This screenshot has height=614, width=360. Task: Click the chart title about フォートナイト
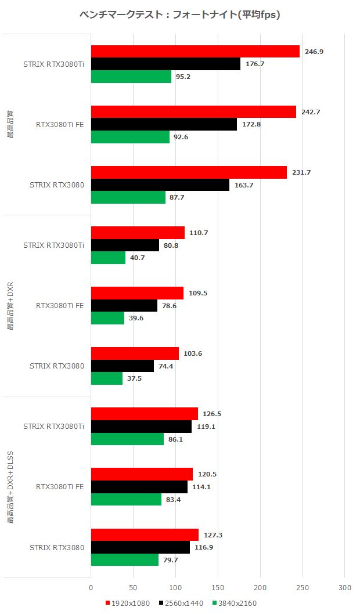(x=180, y=15)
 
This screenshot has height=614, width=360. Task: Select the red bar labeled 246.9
(x=195, y=52)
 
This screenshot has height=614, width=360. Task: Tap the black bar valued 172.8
(x=164, y=124)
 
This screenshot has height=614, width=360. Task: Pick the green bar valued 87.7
(x=128, y=197)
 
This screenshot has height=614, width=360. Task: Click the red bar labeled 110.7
(x=138, y=233)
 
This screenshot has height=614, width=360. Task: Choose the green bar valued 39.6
(x=107, y=318)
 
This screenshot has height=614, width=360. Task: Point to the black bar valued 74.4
(x=123, y=366)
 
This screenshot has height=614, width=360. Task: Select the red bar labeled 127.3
(x=145, y=535)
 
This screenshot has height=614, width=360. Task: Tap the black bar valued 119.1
(x=141, y=427)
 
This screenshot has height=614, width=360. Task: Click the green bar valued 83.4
(x=126, y=499)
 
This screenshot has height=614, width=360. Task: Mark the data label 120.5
(x=207, y=474)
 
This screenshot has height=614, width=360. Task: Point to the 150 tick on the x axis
(x=218, y=587)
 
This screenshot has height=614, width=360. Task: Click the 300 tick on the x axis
(x=344, y=587)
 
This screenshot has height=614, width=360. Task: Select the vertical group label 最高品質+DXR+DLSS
(x=10, y=486)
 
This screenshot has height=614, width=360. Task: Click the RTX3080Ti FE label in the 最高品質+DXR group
(x=60, y=305)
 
